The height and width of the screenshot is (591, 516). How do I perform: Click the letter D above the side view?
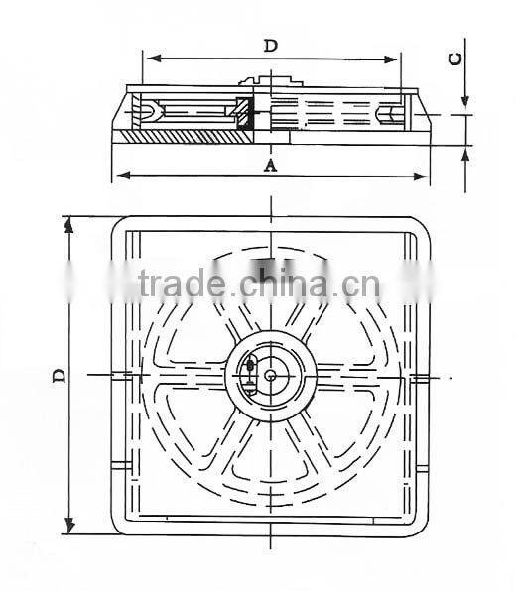pos(270,45)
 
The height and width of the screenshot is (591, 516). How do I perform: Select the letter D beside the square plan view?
pos(59,376)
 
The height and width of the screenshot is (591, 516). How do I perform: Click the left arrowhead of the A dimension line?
pos(121,177)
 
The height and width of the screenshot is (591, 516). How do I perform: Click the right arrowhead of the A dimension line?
pos(426,177)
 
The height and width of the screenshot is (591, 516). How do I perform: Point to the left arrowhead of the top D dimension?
pos(150,59)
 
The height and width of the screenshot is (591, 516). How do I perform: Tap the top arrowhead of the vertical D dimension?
pos(69,224)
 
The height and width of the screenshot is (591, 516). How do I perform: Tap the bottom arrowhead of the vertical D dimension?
pos(69,528)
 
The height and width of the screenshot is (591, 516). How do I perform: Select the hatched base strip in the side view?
pos(189,134)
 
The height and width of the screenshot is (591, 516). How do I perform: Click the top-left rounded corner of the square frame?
pos(119,224)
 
